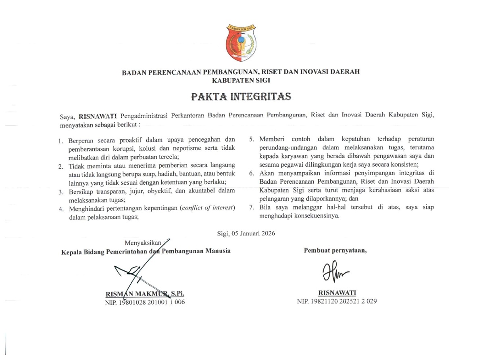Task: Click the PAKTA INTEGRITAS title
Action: coord(241,97)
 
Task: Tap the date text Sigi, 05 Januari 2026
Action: coord(246,233)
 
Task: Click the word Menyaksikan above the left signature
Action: coord(142,243)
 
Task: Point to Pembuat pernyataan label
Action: coord(335,250)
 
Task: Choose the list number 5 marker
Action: coord(251,140)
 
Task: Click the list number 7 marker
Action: coord(251,207)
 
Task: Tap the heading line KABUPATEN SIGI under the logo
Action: coord(240,80)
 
